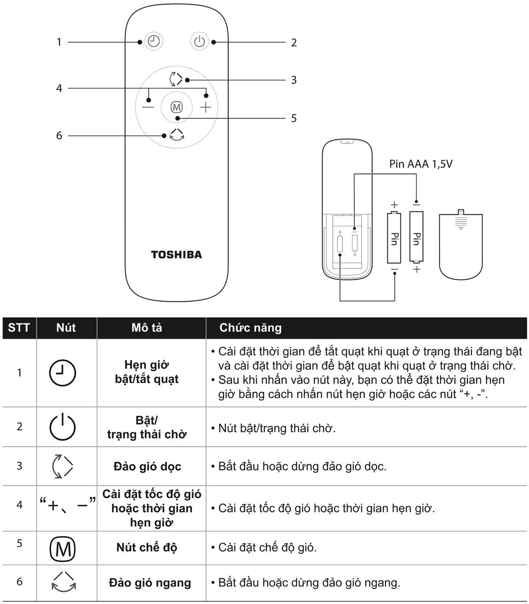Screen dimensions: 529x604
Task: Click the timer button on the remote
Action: point(154,41)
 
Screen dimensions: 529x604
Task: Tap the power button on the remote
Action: point(199,41)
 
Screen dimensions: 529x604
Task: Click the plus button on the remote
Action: point(205,107)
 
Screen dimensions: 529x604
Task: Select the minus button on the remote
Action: point(148,107)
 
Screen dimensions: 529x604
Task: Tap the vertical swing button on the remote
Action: point(176,79)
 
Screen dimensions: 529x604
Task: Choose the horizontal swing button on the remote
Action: point(177,135)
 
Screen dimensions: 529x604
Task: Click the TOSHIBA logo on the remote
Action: point(176,255)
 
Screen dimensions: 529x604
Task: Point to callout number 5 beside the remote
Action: point(294,118)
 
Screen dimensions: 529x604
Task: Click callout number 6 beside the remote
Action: point(59,135)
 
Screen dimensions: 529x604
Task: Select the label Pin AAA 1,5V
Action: point(421,164)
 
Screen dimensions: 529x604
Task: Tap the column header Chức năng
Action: point(250,328)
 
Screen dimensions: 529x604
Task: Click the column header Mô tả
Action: point(146,328)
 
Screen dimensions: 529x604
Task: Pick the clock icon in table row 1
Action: point(63,373)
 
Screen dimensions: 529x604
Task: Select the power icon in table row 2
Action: point(63,427)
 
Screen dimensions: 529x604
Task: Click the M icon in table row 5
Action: point(63,549)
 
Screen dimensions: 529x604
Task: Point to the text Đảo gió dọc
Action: point(147,466)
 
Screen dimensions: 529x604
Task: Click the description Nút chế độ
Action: point(146,548)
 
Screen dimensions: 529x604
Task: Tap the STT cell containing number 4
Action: point(19,505)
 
